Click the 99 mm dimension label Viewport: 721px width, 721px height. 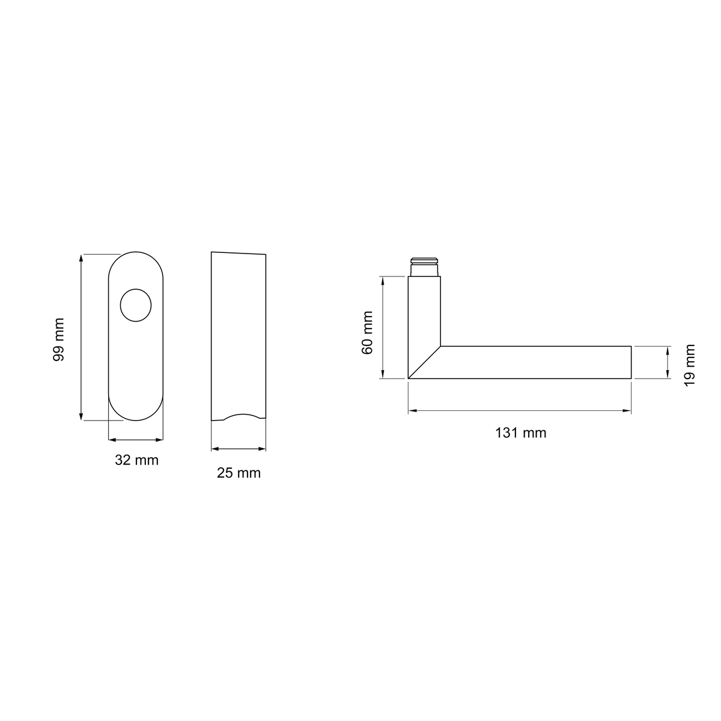point(59,339)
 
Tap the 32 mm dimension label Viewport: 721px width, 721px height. point(136,460)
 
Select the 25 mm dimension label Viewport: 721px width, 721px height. point(239,473)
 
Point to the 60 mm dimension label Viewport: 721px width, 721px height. point(367,332)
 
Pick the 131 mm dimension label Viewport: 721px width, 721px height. point(521,433)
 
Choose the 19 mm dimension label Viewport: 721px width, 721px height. point(690,365)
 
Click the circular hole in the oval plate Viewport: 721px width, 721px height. point(136,305)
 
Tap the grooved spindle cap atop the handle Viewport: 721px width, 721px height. point(424,267)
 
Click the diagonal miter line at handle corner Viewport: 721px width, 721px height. point(424,362)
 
